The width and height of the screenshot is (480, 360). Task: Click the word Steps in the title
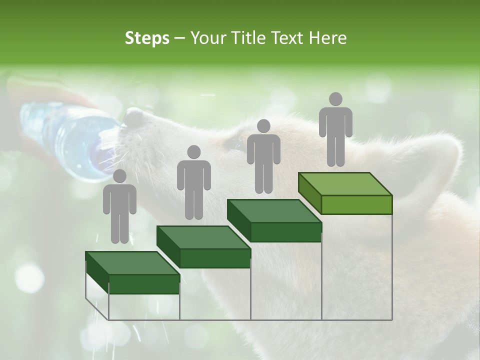pos(147,38)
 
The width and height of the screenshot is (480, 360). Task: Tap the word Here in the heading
pos(327,38)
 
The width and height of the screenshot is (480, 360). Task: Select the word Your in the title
pos(208,38)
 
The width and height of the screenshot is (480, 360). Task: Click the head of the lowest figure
pos(119,176)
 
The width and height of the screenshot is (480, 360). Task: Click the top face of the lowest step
pos(132,263)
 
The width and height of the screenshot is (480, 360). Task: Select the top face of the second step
pos(203,237)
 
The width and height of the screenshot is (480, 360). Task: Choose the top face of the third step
pos(274,211)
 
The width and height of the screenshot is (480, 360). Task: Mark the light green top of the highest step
pos(345,184)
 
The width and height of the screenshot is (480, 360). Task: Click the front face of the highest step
pos(356,204)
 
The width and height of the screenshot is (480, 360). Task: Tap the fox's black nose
pos(133,117)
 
